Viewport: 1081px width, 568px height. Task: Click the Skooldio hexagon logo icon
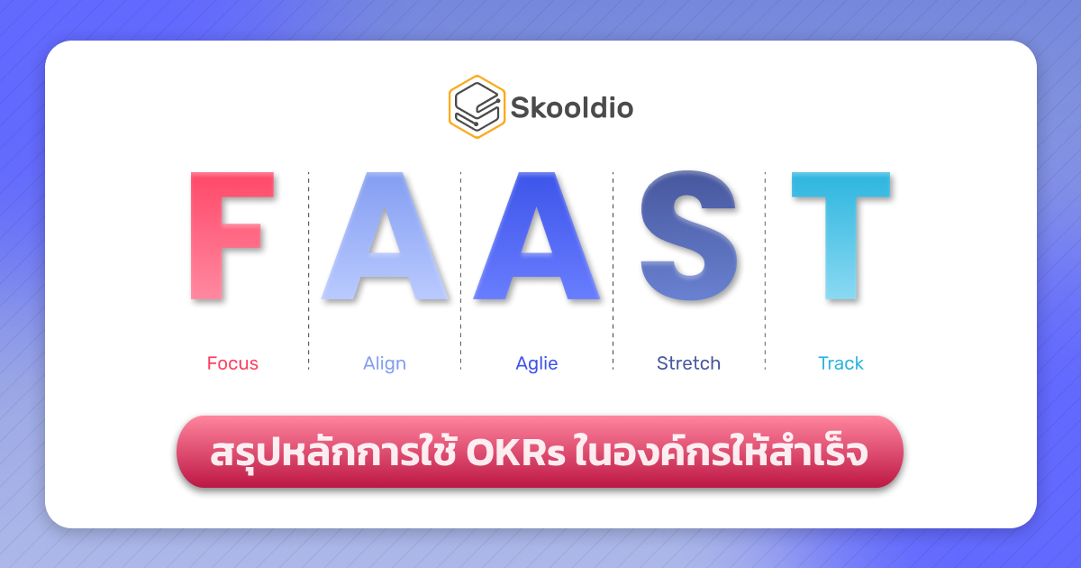pos(477,106)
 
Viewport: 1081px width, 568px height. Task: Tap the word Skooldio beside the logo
pos(572,108)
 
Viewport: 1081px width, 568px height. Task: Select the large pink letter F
pos(230,236)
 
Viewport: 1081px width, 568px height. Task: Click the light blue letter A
pos(385,236)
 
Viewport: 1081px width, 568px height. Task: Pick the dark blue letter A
pos(537,236)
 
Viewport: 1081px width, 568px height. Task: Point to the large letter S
pos(689,236)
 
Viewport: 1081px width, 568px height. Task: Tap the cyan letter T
pos(840,236)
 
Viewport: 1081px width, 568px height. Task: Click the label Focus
pos(232,363)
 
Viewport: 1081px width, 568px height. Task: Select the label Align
pos(385,363)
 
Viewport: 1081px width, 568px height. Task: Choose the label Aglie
pos(537,363)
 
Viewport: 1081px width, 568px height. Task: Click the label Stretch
pos(689,363)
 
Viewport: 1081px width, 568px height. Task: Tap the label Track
pos(840,363)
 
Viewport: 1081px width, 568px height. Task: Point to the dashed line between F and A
pos(308,270)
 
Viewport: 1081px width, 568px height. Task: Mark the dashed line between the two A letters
pos(460,270)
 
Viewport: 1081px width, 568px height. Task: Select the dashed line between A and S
pos(613,270)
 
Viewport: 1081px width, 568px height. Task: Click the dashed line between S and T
pos(765,270)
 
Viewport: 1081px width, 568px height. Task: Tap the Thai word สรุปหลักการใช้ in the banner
pos(333,453)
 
